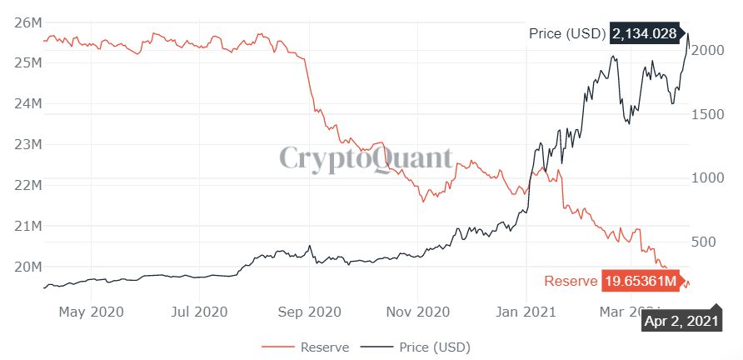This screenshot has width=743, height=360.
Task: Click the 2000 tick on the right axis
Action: click(708, 50)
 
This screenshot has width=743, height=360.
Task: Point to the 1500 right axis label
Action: click(708, 114)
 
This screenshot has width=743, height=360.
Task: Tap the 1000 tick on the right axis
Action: click(708, 177)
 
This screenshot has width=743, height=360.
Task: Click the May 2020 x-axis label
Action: click(92, 312)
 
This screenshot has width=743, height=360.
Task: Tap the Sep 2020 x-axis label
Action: click(309, 312)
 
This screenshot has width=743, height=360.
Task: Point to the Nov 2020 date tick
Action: click(419, 312)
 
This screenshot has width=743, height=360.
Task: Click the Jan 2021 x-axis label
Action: click(527, 312)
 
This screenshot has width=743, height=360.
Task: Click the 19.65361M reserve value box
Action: click(640, 281)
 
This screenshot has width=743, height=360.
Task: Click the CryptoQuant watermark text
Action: click(366, 158)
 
